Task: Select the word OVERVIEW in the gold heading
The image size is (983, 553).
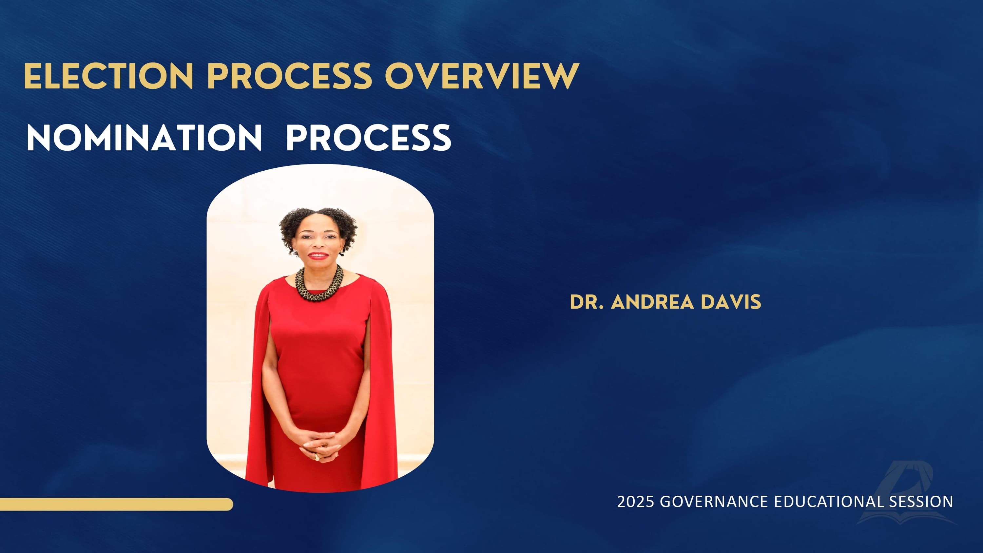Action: point(482,76)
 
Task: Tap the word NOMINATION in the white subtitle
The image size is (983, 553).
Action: point(144,138)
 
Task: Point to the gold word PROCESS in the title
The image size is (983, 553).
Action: point(290,76)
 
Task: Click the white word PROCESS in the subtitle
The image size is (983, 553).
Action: point(369,138)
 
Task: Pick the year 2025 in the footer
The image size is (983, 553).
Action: point(635,502)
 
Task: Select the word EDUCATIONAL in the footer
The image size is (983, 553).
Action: point(828,502)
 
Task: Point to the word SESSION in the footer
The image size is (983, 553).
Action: point(921,502)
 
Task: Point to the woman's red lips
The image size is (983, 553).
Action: point(318,255)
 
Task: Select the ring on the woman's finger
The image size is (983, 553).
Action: point(316,457)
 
